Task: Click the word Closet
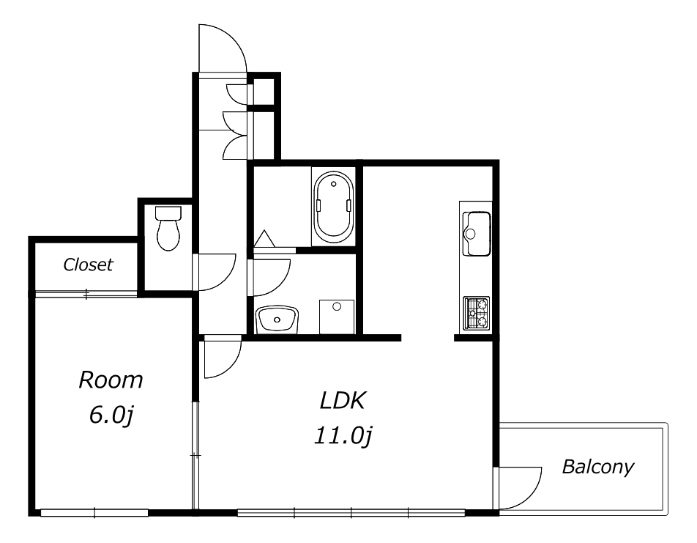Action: point(88,265)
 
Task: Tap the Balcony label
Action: point(598,467)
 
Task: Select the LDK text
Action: point(343,400)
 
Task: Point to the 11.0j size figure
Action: point(343,436)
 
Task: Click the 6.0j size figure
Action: point(111,415)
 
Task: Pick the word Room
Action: point(111,380)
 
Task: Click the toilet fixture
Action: point(168,228)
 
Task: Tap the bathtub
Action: point(333,206)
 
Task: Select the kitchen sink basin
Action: point(477,234)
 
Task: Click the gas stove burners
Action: point(477,313)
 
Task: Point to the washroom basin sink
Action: point(277,319)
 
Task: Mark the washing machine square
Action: point(337,317)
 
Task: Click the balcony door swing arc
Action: point(532,496)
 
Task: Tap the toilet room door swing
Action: point(225,278)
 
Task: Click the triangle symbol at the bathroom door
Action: point(264,238)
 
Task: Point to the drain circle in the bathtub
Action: point(333,184)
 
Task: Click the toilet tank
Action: point(168,213)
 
